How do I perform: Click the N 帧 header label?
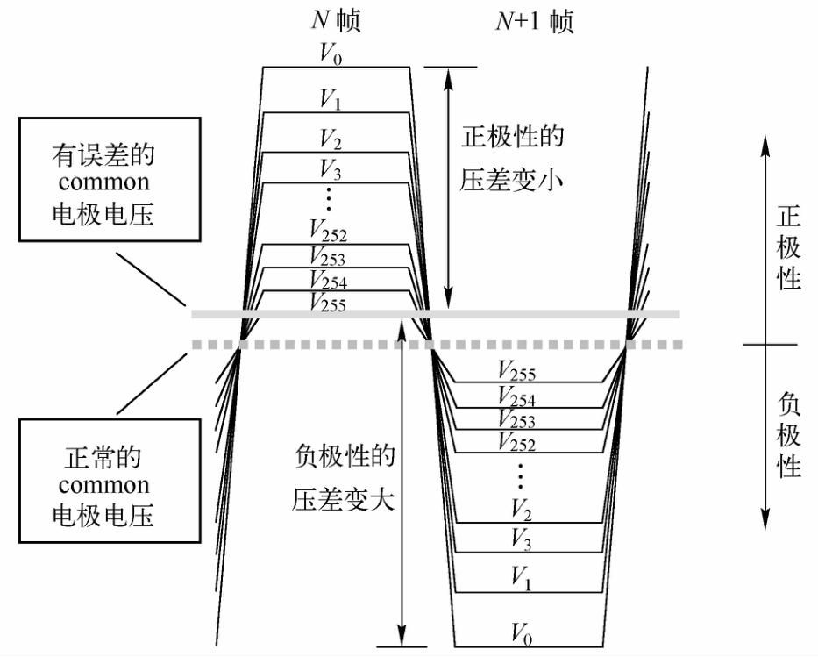338,20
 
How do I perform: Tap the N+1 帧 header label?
531,20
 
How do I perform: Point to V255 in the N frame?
328,304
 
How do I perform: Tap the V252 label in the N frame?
328,232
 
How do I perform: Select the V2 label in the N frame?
331,140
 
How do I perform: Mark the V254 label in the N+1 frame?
516,398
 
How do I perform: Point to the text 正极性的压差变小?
512,160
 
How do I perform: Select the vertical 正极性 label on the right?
789,248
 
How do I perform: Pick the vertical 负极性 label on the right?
789,435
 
